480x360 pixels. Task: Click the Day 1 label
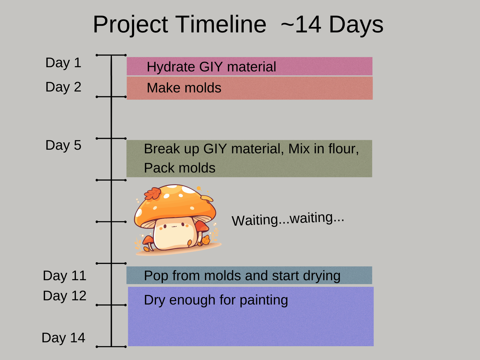pos(63,63)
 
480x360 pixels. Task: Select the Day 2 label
pos(63,87)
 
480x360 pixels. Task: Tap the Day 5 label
pos(63,145)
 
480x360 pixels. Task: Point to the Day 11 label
pos(64,276)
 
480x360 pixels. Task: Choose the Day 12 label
pos(64,296)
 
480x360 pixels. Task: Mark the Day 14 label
pos(63,338)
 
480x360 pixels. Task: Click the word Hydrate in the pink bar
pos(171,67)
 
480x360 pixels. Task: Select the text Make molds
pos(184,88)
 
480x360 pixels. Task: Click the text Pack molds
pos(179,168)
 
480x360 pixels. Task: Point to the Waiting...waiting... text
pos(288,219)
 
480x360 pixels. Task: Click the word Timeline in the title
pos(221,25)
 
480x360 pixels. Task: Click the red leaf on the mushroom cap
pos(153,193)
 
